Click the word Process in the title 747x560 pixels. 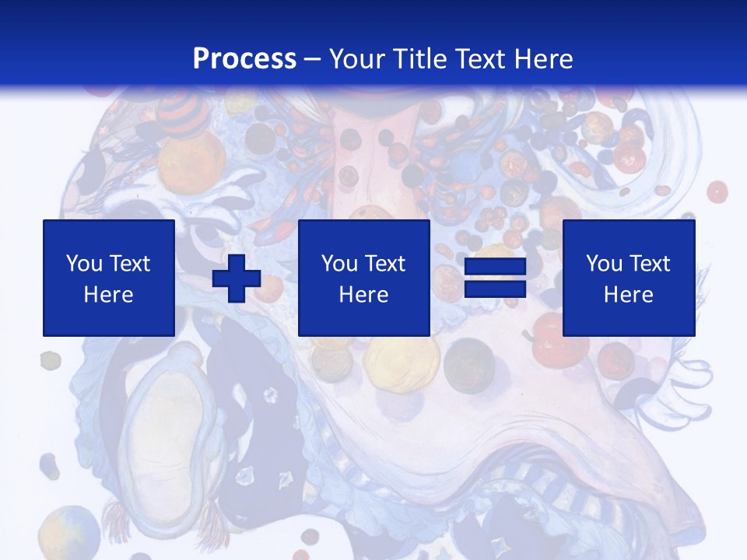244,59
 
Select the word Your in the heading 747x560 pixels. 357,59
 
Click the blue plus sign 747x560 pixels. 237,278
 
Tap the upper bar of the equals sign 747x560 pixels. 495,268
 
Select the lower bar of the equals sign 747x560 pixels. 495,290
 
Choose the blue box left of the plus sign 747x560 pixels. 109,278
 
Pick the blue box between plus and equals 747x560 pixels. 363,278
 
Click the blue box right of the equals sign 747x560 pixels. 628,278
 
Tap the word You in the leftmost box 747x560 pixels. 82,264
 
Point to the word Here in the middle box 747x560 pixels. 363,295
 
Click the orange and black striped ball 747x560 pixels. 184,114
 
